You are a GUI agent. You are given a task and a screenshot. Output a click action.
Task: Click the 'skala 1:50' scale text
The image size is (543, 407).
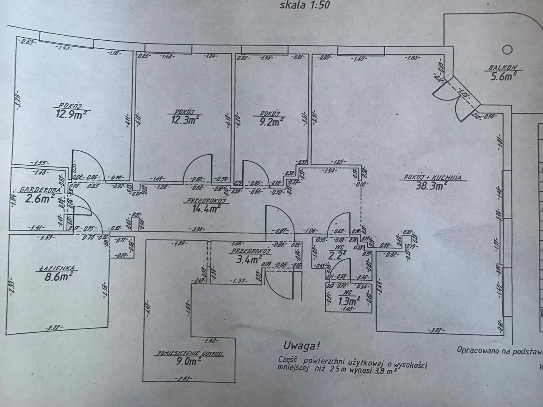[x=305, y=6]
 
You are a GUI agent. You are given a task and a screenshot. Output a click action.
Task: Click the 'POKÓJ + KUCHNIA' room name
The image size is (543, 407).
[x=433, y=178]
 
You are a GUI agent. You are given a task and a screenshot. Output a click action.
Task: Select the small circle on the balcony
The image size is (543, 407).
[x=507, y=50]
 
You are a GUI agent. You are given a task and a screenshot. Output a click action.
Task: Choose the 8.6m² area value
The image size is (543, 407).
[x=57, y=277]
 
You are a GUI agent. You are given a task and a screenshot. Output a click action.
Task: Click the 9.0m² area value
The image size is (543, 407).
[x=188, y=361]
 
